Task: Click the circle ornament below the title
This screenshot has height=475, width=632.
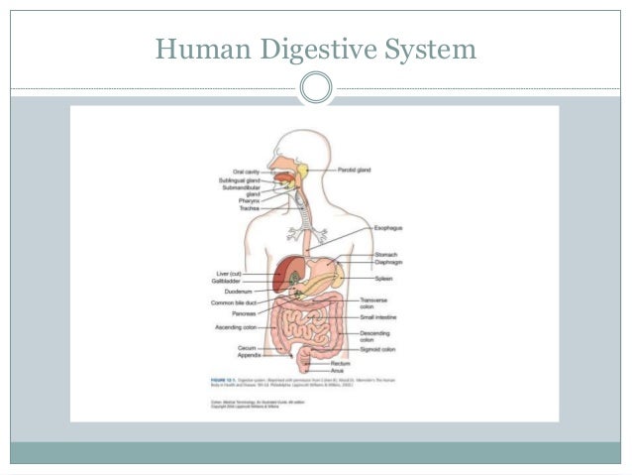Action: (316, 87)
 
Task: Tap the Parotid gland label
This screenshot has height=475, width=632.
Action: (354, 171)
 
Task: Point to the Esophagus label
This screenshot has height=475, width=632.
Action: (387, 228)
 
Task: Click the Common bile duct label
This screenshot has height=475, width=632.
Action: (234, 302)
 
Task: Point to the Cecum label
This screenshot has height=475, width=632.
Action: (248, 348)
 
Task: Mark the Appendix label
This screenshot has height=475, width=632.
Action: (249, 355)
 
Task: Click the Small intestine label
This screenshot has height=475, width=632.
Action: (381, 317)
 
